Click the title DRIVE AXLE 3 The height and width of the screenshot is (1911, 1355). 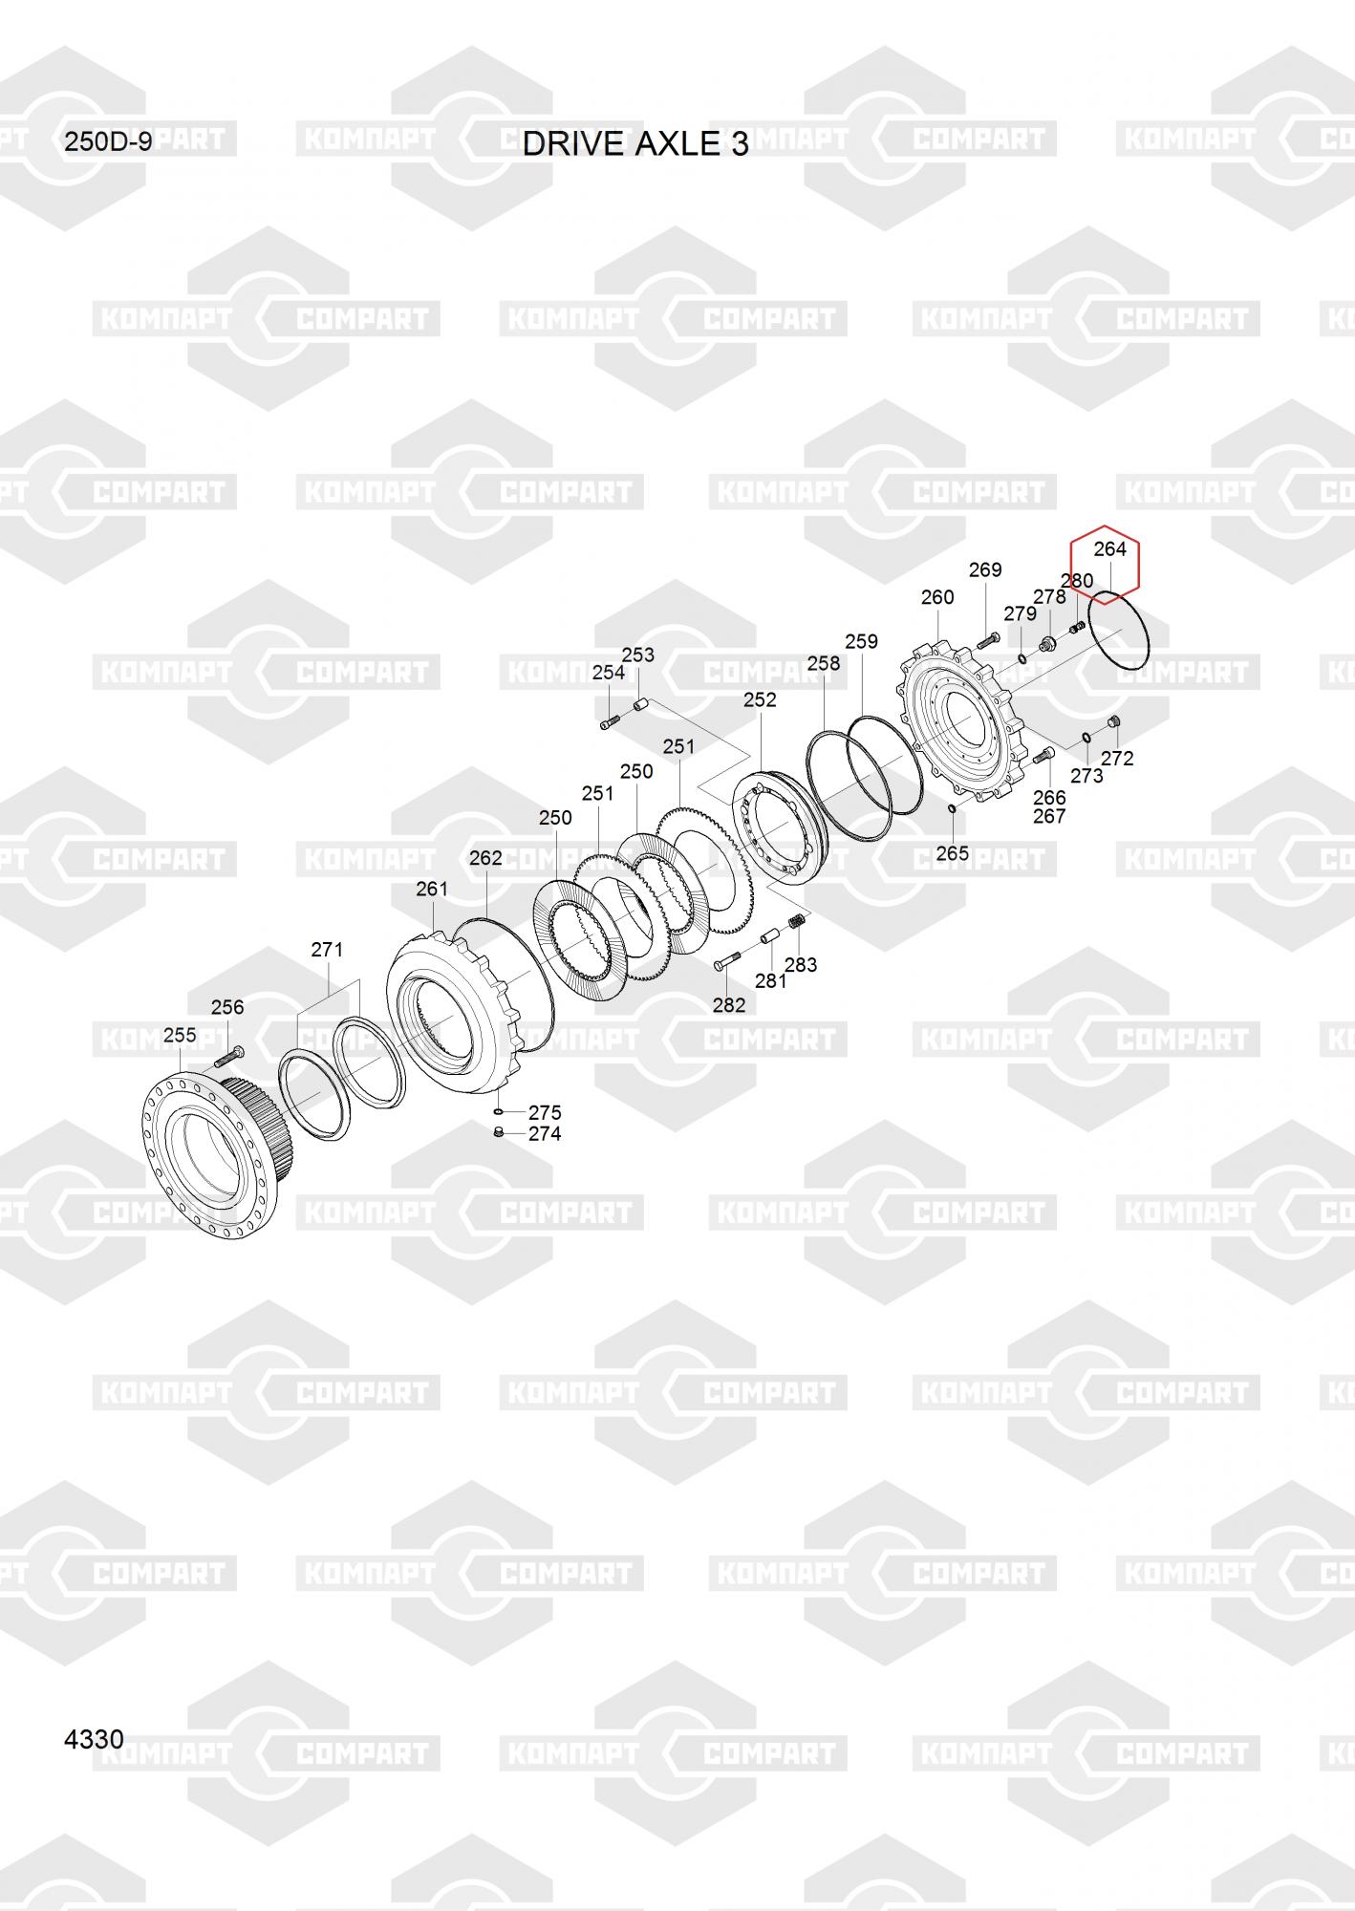[635, 143]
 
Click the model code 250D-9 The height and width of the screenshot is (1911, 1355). [108, 142]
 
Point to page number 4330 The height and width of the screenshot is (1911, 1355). [94, 1739]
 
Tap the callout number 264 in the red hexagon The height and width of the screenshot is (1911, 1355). [1109, 548]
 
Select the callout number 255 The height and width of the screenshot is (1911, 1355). [180, 1035]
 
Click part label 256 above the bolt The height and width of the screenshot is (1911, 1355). [227, 1007]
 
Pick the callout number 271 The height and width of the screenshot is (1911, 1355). [327, 950]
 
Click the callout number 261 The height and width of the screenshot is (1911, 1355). [432, 889]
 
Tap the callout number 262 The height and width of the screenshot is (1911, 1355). [485, 858]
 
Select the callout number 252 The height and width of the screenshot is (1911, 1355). [760, 699]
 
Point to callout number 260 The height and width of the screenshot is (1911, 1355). [937, 597]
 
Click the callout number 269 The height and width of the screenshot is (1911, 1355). [985, 569]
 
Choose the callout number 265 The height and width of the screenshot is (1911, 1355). [952, 853]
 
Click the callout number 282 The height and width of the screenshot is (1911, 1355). [728, 1005]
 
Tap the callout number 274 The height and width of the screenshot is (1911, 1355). [545, 1134]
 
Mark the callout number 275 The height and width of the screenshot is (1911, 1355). [545, 1113]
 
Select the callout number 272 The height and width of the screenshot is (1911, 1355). [1117, 759]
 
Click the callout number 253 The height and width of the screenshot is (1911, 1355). [637, 655]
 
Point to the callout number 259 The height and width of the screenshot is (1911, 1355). [861, 641]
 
